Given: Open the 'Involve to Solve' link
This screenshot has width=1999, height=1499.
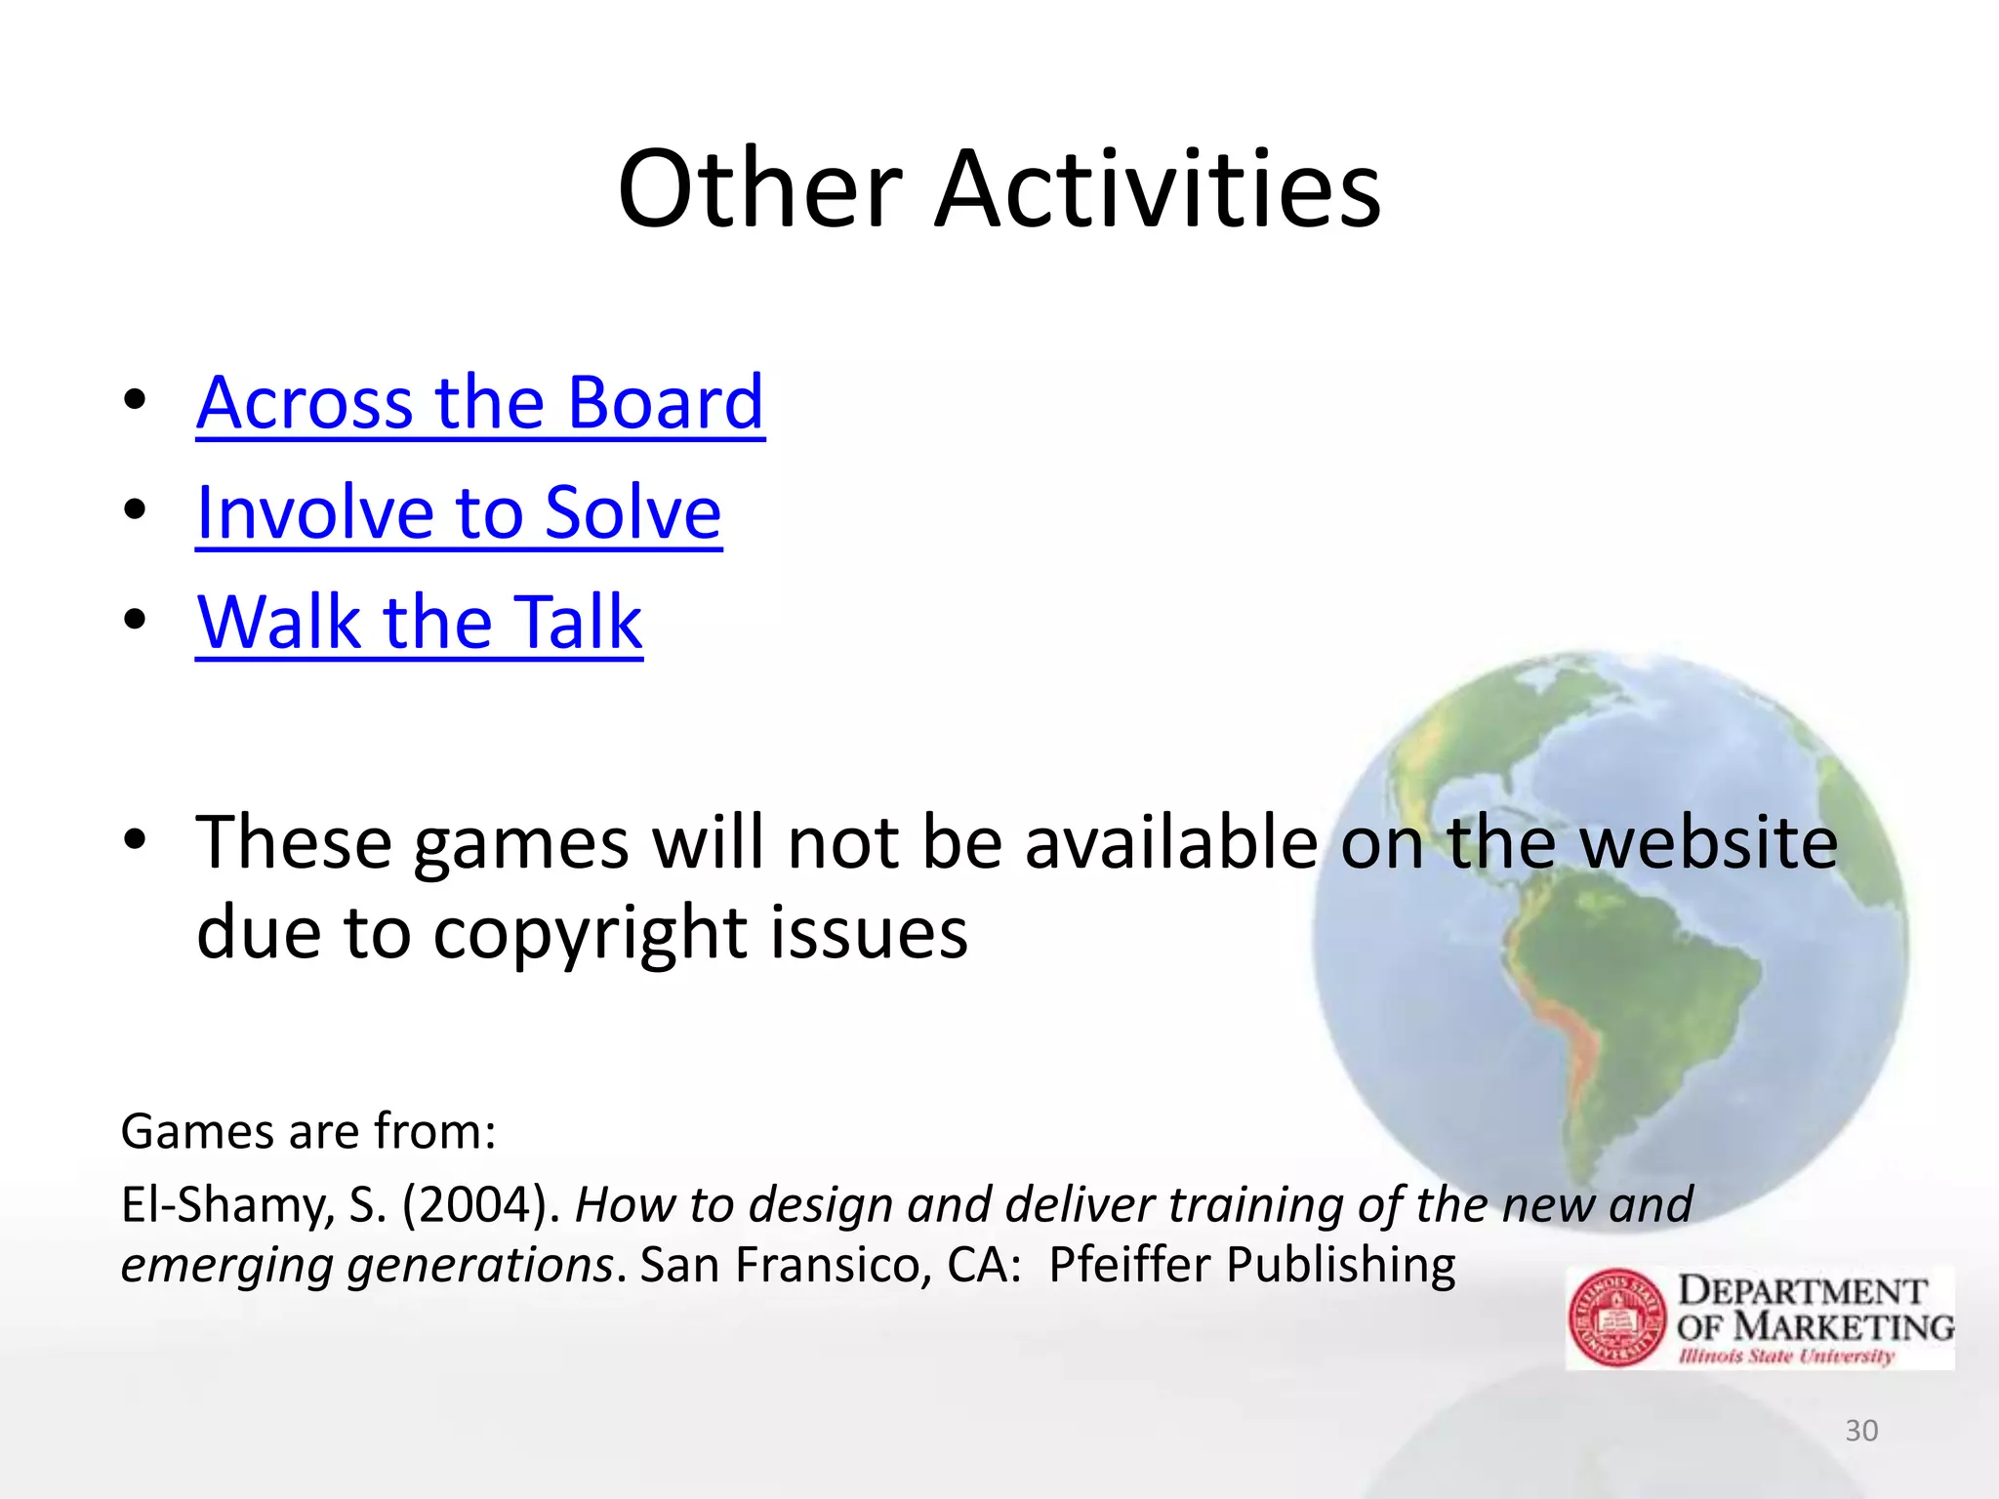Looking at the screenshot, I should (458, 512).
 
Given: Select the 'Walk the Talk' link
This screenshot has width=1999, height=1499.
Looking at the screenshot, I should (419, 623).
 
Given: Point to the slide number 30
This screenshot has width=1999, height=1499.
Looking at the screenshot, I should (1861, 1431).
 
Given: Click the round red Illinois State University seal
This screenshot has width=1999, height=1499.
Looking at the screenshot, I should (1617, 1317).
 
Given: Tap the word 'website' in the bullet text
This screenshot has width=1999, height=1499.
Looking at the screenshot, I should (1709, 843).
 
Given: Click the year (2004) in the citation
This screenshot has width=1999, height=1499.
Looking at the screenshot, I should (480, 1204).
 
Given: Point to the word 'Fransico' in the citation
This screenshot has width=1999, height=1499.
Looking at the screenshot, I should (829, 1265).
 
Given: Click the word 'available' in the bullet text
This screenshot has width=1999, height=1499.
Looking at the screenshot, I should (1171, 843).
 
